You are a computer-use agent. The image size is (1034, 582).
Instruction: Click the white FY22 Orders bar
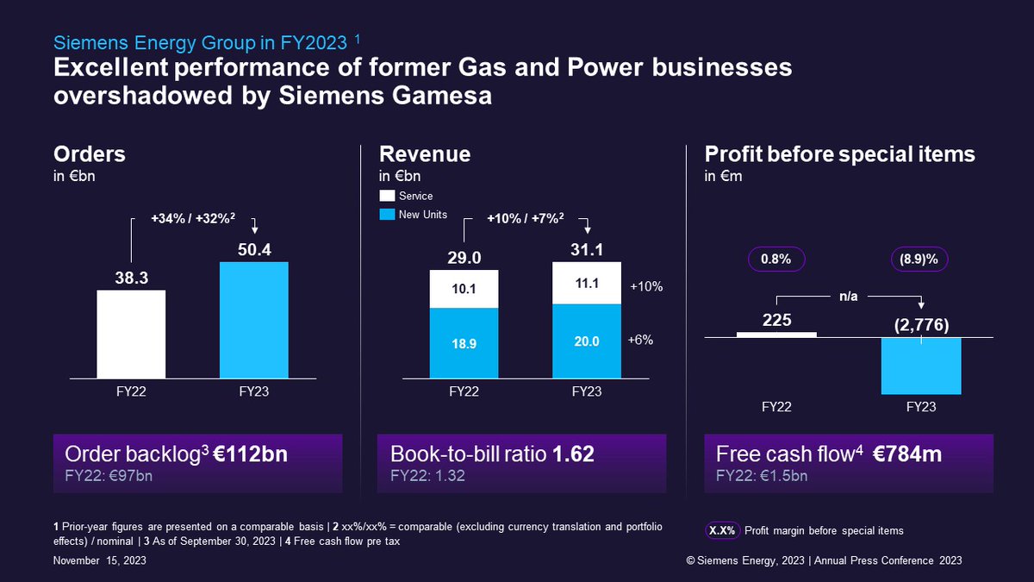131,334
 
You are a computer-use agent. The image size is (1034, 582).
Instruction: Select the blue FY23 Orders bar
254,320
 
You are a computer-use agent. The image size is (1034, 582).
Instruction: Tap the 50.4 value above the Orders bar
254,251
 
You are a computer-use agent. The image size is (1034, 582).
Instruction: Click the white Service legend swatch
386,196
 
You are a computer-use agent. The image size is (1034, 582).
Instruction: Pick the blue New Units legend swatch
386,214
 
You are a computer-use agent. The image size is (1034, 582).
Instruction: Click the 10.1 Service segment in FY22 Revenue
464,288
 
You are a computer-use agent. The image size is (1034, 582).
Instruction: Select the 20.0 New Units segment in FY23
587,341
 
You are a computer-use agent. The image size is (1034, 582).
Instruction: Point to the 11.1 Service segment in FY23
587,283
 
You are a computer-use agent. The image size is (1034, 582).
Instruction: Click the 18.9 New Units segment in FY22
464,342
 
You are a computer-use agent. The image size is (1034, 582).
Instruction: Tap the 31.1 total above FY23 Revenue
587,251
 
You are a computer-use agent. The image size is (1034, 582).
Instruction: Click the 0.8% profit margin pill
775,259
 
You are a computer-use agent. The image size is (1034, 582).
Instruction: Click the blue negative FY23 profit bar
921,366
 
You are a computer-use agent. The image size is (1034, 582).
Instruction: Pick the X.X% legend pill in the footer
721,530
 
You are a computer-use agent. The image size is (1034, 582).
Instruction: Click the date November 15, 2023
99,560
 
